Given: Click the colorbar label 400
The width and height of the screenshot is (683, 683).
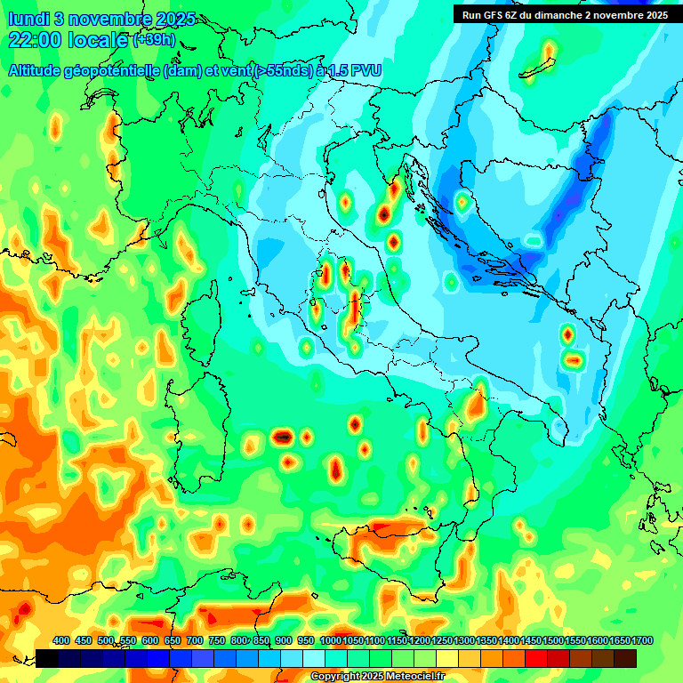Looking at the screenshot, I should (61, 640).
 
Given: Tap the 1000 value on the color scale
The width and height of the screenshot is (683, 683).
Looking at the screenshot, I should (330, 640).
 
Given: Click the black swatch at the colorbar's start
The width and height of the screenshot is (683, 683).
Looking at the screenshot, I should (48, 658).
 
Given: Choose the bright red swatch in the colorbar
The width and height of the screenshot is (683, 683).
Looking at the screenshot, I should (536, 658).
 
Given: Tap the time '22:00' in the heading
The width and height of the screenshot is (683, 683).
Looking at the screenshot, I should (34, 39).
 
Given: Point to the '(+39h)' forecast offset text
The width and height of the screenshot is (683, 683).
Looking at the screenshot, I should (154, 40).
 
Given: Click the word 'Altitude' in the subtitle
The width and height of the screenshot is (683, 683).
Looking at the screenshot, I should (39, 70).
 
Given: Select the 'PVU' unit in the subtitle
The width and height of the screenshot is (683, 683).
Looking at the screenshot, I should (366, 70).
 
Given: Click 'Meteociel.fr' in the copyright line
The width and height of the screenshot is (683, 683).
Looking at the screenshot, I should (413, 677).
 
